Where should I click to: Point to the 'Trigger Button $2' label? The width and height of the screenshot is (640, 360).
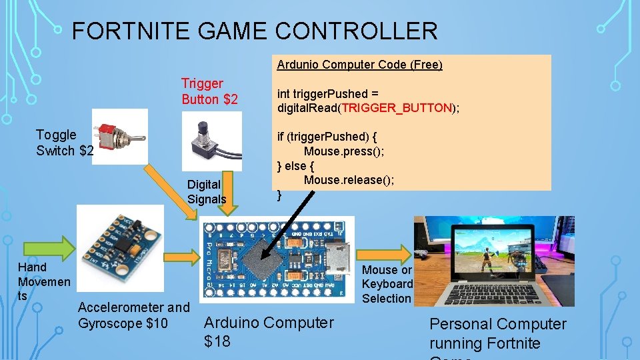coord(209,91)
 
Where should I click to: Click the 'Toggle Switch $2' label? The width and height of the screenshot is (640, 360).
coord(64,143)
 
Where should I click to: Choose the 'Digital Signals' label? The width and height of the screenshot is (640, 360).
coord(206,191)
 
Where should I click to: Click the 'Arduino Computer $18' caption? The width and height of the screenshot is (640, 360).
coord(268,331)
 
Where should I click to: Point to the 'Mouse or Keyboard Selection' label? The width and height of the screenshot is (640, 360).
coord(387,284)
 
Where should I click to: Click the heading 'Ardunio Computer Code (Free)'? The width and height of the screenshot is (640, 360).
coord(359,65)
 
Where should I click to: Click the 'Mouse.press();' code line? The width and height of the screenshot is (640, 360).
coord(343,151)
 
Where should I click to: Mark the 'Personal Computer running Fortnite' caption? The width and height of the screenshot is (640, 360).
coord(497,333)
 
